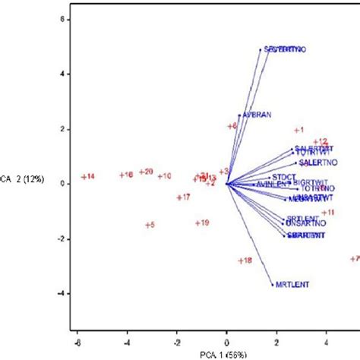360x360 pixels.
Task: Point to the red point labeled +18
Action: (x=239, y=261)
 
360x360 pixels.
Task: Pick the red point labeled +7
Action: (x=352, y=259)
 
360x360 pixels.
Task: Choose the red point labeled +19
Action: (x=197, y=223)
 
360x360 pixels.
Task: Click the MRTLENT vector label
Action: (x=292, y=286)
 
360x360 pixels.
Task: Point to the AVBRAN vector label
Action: (x=257, y=115)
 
